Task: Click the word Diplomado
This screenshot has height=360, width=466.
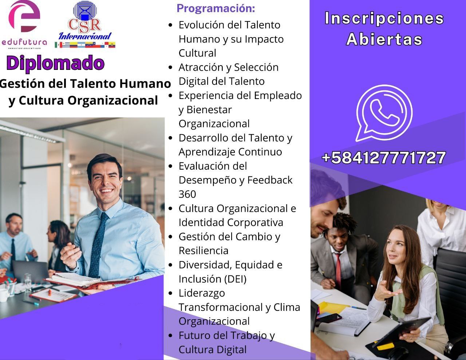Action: (x=55, y=63)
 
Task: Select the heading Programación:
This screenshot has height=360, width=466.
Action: (x=216, y=8)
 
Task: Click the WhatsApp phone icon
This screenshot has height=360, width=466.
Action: (x=384, y=112)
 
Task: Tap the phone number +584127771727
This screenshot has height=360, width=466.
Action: (x=384, y=158)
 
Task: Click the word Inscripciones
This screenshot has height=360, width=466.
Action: (x=384, y=19)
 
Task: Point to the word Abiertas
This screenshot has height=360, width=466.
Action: (x=384, y=39)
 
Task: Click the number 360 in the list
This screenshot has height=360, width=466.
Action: (x=187, y=194)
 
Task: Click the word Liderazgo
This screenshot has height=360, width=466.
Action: (x=202, y=293)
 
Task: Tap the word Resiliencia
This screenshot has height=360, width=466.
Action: (x=203, y=250)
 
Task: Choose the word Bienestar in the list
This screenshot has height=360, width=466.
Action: (x=209, y=110)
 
